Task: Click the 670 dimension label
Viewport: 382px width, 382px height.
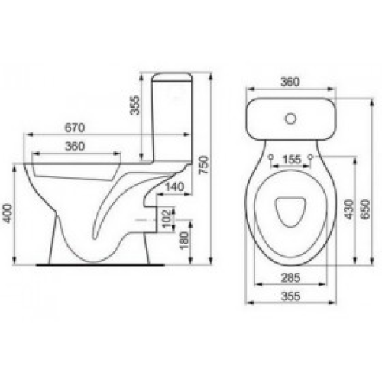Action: [75, 128]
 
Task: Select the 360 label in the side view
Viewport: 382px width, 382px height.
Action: [75, 146]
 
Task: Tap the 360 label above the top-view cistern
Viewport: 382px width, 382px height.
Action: [290, 82]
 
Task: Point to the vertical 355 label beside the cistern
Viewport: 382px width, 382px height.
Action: [135, 105]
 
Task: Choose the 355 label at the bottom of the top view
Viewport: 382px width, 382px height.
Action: [290, 296]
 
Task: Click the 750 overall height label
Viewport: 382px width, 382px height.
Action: [204, 165]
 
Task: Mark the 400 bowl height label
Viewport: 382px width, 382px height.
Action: [7, 213]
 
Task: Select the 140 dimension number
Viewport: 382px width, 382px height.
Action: [174, 186]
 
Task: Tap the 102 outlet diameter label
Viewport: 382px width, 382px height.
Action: [167, 219]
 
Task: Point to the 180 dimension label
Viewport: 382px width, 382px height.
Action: [184, 241]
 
